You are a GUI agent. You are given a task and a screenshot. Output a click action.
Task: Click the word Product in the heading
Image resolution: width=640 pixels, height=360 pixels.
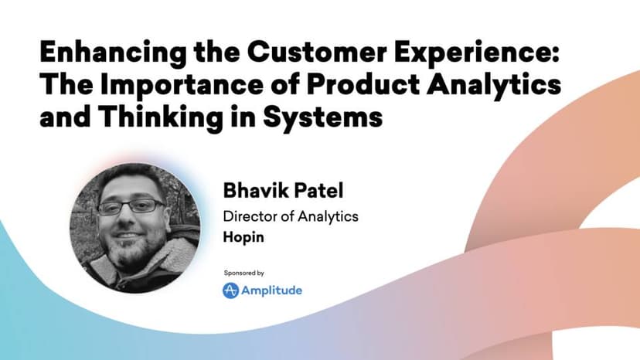[x=363, y=84]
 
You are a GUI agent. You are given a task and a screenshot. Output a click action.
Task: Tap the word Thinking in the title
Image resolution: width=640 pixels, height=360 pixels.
[x=162, y=118]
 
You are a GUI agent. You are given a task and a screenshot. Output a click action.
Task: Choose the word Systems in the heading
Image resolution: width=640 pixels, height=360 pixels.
[x=322, y=118]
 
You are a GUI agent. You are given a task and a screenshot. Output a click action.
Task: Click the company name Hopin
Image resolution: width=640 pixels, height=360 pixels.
[x=243, y=237]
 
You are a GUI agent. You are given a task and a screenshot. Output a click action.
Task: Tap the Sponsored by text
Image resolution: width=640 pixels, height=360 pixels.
[x=243, y=273]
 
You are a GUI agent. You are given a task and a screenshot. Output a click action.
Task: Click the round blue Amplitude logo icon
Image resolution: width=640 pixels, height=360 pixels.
[x=230, y=290]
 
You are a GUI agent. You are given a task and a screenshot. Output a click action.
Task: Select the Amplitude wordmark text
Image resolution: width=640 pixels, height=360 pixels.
[x=271, y=291]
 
